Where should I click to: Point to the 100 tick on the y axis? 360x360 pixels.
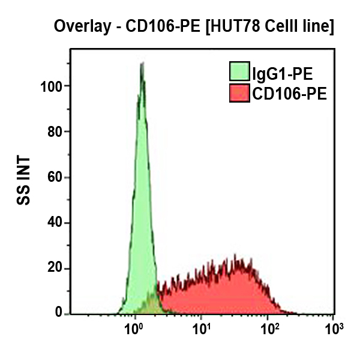click(54, 86)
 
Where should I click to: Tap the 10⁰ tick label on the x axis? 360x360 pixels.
click(135, 329)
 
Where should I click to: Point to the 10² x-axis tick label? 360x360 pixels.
click(270, 329)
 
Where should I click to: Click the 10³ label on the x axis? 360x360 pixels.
click(333, 329)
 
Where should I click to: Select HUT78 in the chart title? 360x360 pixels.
click(233, 27)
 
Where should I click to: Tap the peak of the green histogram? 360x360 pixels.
click(142, 64)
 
